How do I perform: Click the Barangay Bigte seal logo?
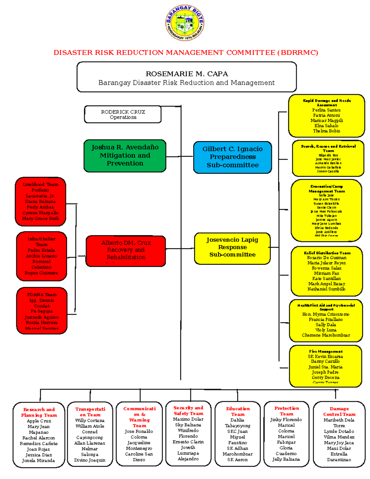click(x=185, y=23)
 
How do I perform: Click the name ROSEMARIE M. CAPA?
click(x=187, y=74)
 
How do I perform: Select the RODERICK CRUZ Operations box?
click(x=123, y=114)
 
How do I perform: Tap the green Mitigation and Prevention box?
click(x=125, y=155)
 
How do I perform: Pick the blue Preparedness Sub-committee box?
click(x=232, y=157)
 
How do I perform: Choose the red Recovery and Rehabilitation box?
click(x=126, y=250)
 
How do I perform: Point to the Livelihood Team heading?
click(x=40, y=184)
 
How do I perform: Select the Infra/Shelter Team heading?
click(x=41, y=242)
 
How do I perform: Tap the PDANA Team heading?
click(x=42, y=295)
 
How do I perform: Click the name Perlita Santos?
click(x=326, y=110)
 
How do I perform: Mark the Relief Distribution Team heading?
click(x=327, y=253)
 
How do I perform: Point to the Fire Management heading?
click(x=326, y=351)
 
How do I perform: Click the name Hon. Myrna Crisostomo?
click(x=326, y=314)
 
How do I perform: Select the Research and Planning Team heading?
click(x=39, y=412)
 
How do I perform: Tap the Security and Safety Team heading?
click(x=188, y=411)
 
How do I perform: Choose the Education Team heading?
click(x=238, y=411)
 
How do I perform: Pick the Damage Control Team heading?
click(x=339, y=411)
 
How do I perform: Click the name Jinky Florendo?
click(x=286, y=420)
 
